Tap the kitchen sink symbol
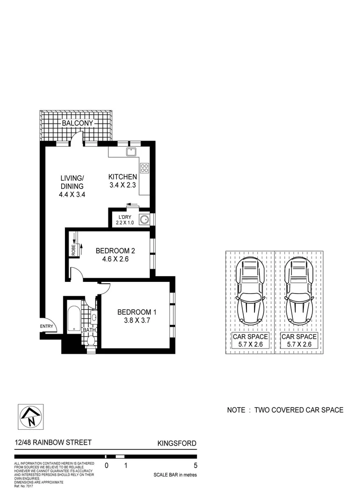(x=130, y=152)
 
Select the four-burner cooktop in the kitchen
(x=144, y=168)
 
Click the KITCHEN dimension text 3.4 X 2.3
(x=122, y=186)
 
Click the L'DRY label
(x=125, y=217)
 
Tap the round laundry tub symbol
(x=145, y=218)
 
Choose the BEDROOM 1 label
(x=134, y=312)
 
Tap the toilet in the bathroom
(x=91, y=341)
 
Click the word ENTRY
(x=47, y=326)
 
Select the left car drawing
(x=250, y=292)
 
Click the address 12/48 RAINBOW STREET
(x=53, y=442)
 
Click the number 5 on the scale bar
(x=195, y=465)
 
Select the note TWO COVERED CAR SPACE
(x=285, y=410)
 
